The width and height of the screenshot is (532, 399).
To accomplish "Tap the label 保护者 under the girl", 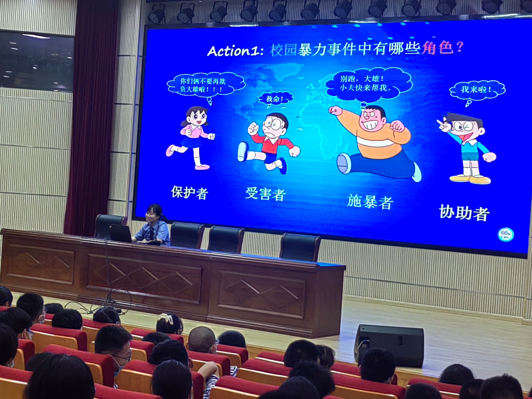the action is pos(189,192).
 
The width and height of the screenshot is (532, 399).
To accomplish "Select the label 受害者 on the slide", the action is pos(265,194).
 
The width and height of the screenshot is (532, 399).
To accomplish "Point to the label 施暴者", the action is pos(370,201).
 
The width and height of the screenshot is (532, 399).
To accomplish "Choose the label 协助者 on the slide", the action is pos(464,212).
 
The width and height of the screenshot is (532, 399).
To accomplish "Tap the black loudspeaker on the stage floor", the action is pos(389,345).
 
